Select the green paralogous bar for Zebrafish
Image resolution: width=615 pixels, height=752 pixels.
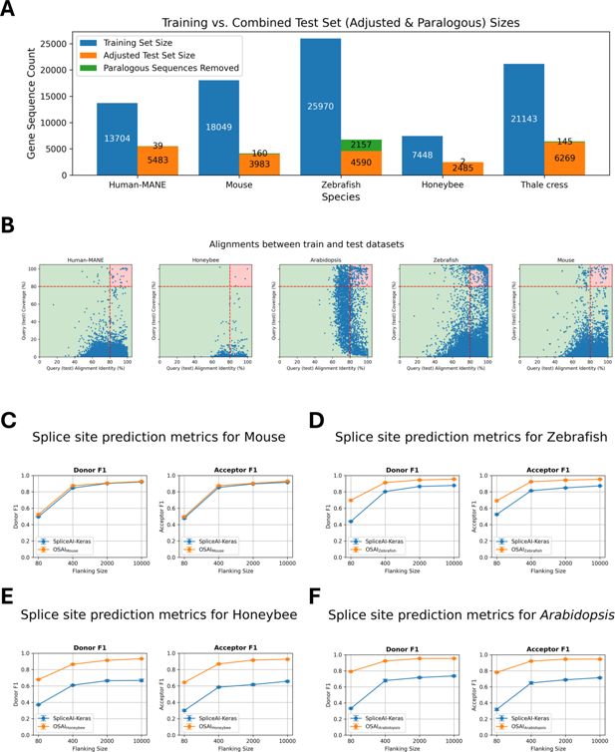[360, 146]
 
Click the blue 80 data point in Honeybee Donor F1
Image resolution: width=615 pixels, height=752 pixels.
[38, 704]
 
